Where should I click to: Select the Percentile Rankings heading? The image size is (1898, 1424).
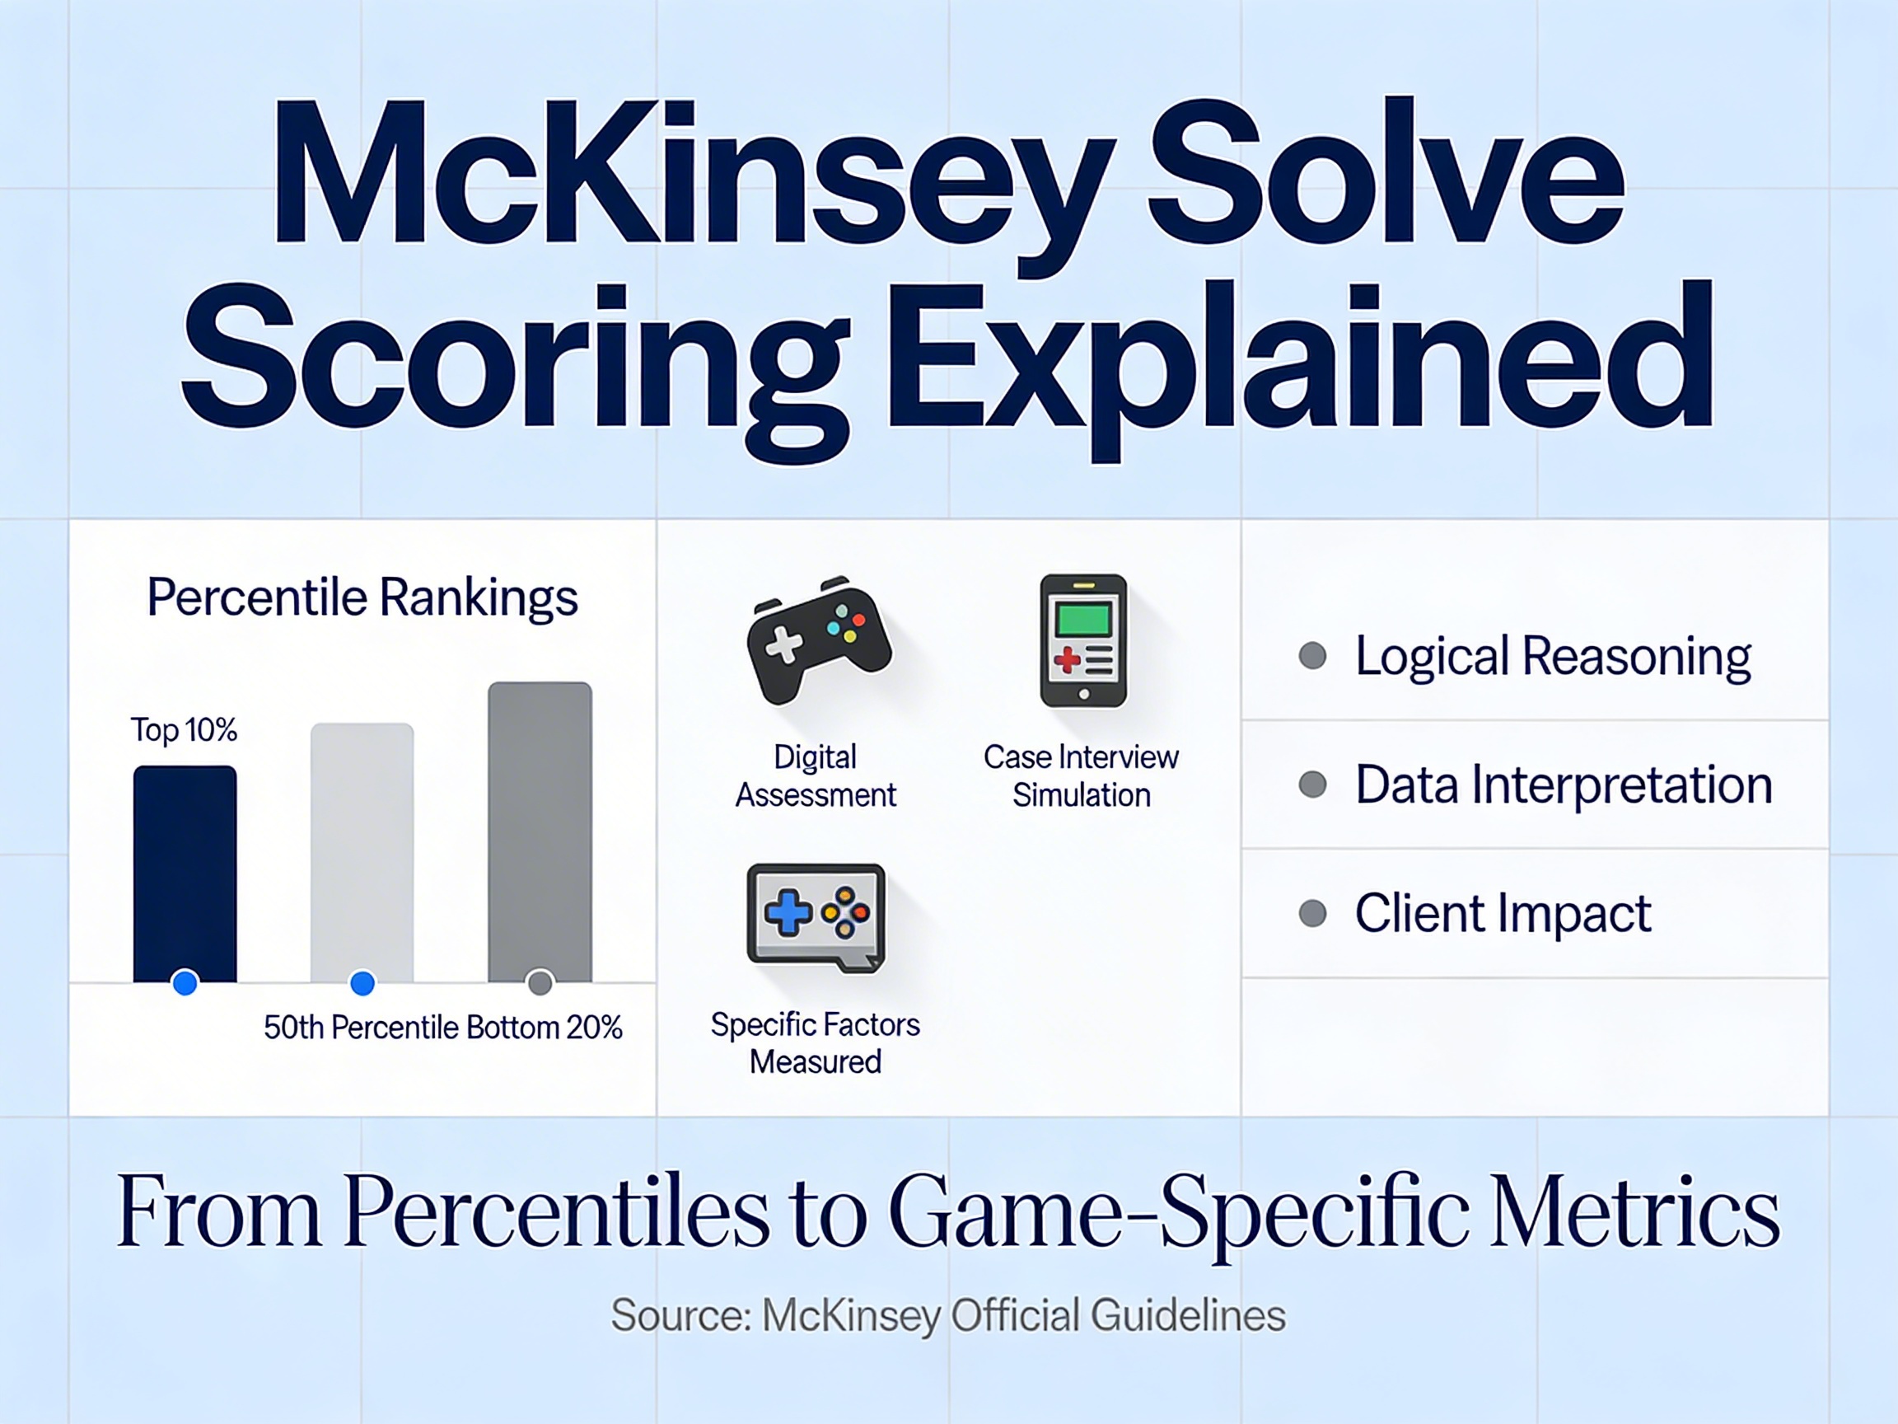(362, 597)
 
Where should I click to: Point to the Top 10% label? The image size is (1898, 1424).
(184, 730)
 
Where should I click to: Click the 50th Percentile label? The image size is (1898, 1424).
(362, 1028)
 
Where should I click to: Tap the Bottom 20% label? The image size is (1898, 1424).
(545, 1028)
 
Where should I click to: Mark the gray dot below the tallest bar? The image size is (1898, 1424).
(540, 982)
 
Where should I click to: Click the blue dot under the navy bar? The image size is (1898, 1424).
(185, 982)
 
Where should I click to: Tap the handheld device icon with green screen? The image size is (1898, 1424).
(1082, 641)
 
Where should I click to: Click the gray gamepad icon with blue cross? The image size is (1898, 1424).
(816, 916)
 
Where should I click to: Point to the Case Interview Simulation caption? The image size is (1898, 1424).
(1081, 776)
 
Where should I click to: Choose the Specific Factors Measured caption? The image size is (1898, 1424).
(816, 1043)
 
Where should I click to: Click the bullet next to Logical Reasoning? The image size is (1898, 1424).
(1313, 656)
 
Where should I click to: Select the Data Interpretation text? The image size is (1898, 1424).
(1564, 785)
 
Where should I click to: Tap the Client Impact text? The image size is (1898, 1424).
(1503, 913)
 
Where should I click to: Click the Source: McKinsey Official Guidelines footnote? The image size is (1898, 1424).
(948, 1315)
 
